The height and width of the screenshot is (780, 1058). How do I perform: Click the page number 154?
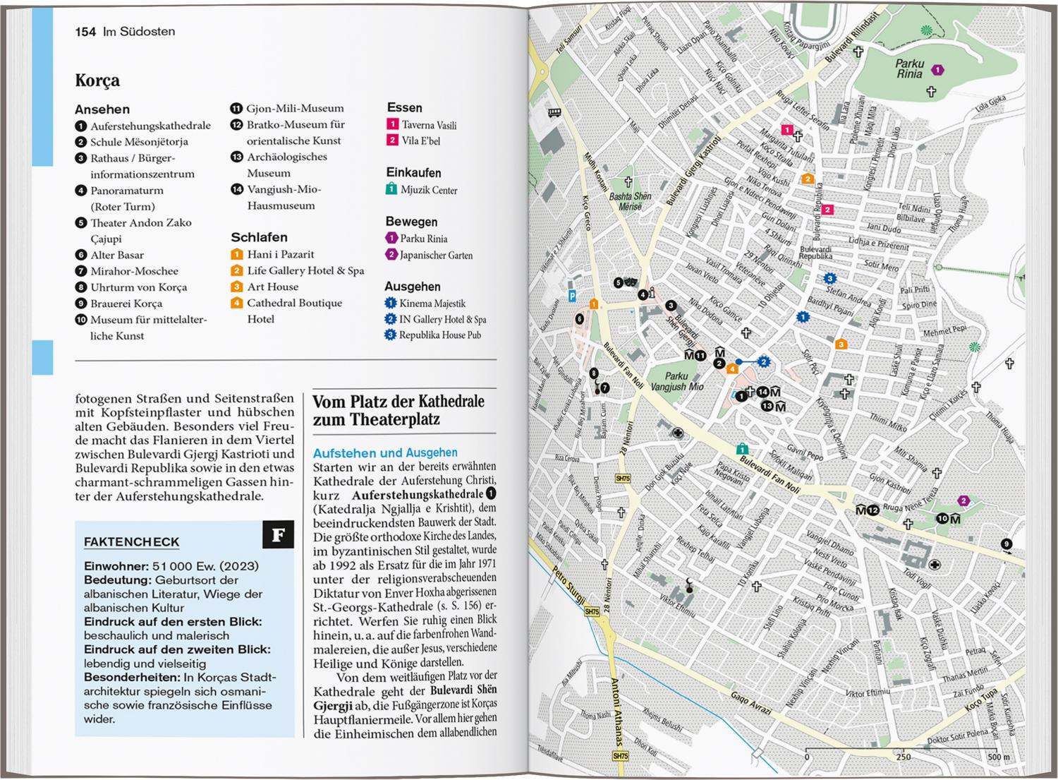coord(85,32)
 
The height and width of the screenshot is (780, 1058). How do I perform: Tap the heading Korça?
coord(97,80)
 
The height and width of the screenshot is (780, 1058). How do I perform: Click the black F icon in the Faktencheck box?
coord(278,535)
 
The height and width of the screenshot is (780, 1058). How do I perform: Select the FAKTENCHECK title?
coord(132,542)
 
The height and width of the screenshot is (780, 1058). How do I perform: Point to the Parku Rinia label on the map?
coord(909,68)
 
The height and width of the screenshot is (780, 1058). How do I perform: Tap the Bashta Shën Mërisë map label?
coord(630,201)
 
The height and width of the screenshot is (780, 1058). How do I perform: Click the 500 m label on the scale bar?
coord(999,757)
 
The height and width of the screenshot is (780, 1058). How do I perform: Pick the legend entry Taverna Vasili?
coord(429,125)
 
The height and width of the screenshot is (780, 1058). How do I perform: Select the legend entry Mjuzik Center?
coord(429,190)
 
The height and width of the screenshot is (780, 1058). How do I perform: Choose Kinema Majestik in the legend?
coord(432,304)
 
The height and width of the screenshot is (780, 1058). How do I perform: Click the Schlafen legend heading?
coord(259,237)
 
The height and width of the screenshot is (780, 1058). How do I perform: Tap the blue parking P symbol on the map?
coord(572,296)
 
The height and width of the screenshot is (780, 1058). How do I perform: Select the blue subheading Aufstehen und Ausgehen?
coord(385,452)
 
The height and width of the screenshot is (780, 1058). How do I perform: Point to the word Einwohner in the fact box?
coord(116,566)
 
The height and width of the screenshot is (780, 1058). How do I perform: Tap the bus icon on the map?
coord(554,112)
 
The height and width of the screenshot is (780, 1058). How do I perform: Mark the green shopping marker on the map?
coord(742,448)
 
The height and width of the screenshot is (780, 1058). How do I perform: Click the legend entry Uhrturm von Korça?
coord(138,287)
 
